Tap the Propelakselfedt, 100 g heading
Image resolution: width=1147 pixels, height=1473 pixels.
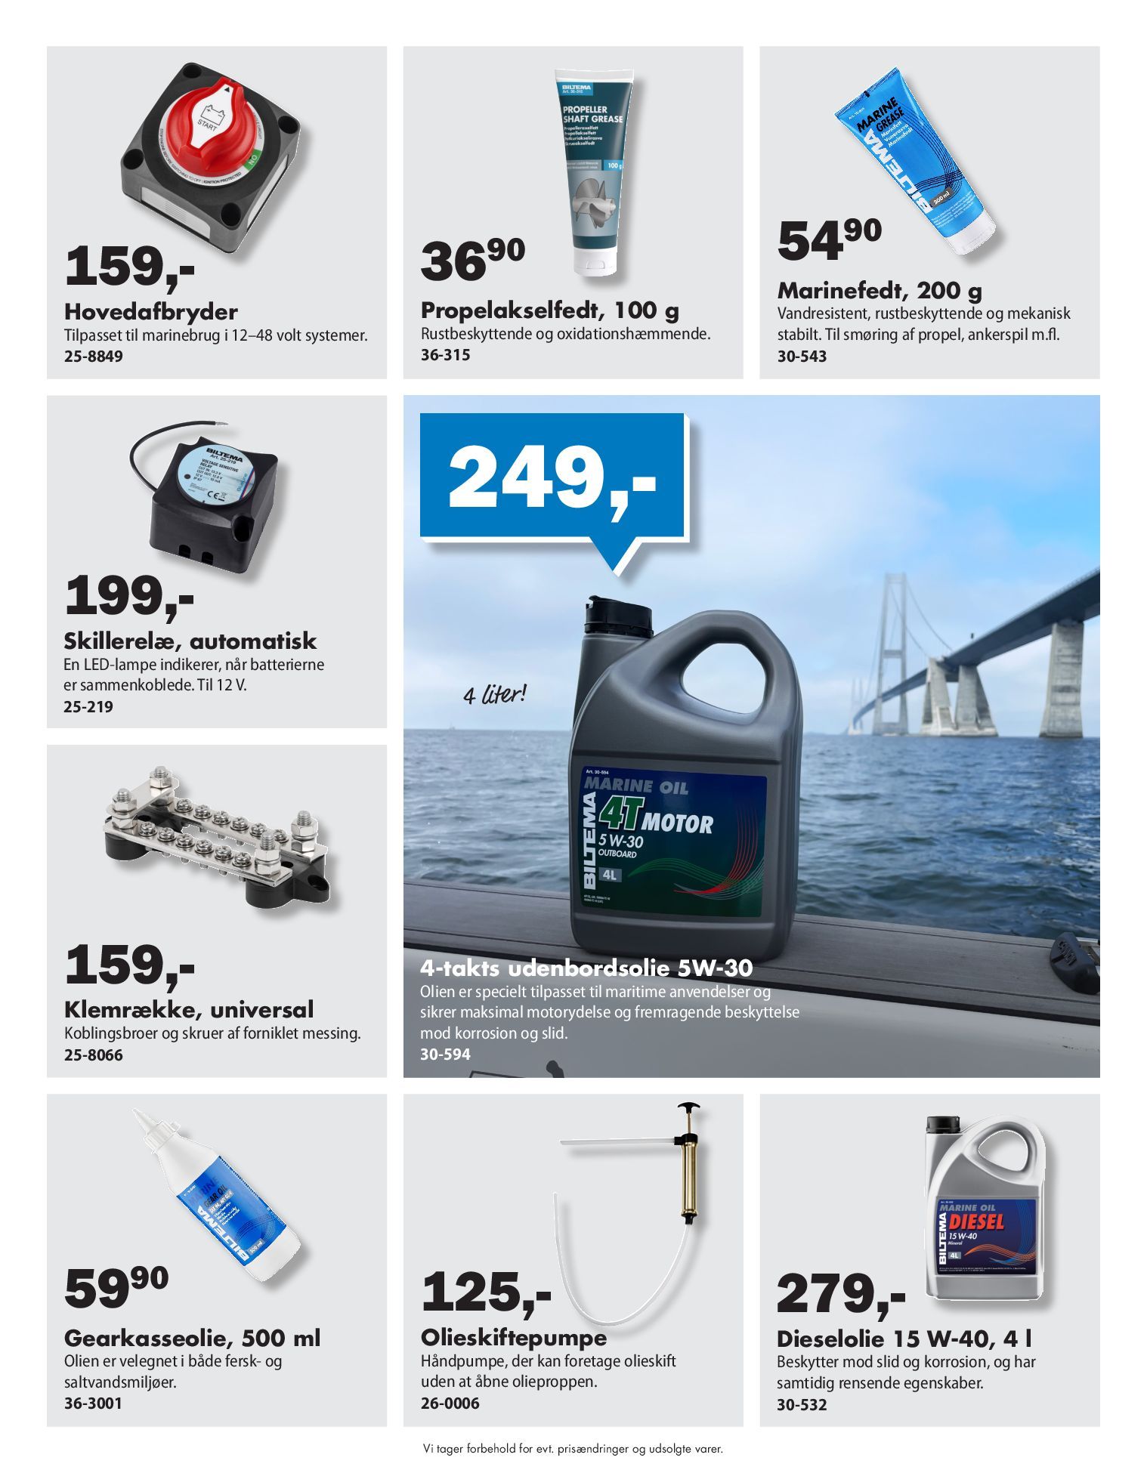click(x=549, y=310)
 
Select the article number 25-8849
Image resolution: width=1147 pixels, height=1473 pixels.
click(x=93, y=357)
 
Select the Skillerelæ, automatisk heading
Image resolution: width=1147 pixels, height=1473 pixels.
click(x=190, y=641)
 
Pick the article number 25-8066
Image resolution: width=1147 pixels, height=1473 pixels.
click(x=93, y=1055)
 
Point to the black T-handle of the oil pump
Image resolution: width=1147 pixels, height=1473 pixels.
click(x=688, y=1108)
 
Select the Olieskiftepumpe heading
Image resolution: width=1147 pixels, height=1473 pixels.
click(x=513, y=1338)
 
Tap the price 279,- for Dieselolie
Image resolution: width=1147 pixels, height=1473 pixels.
click(x=839, y=1294)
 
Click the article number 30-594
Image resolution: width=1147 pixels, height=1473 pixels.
click(x=445, y=1054)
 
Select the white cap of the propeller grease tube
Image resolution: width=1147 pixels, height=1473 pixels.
click(x=596, y=260)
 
